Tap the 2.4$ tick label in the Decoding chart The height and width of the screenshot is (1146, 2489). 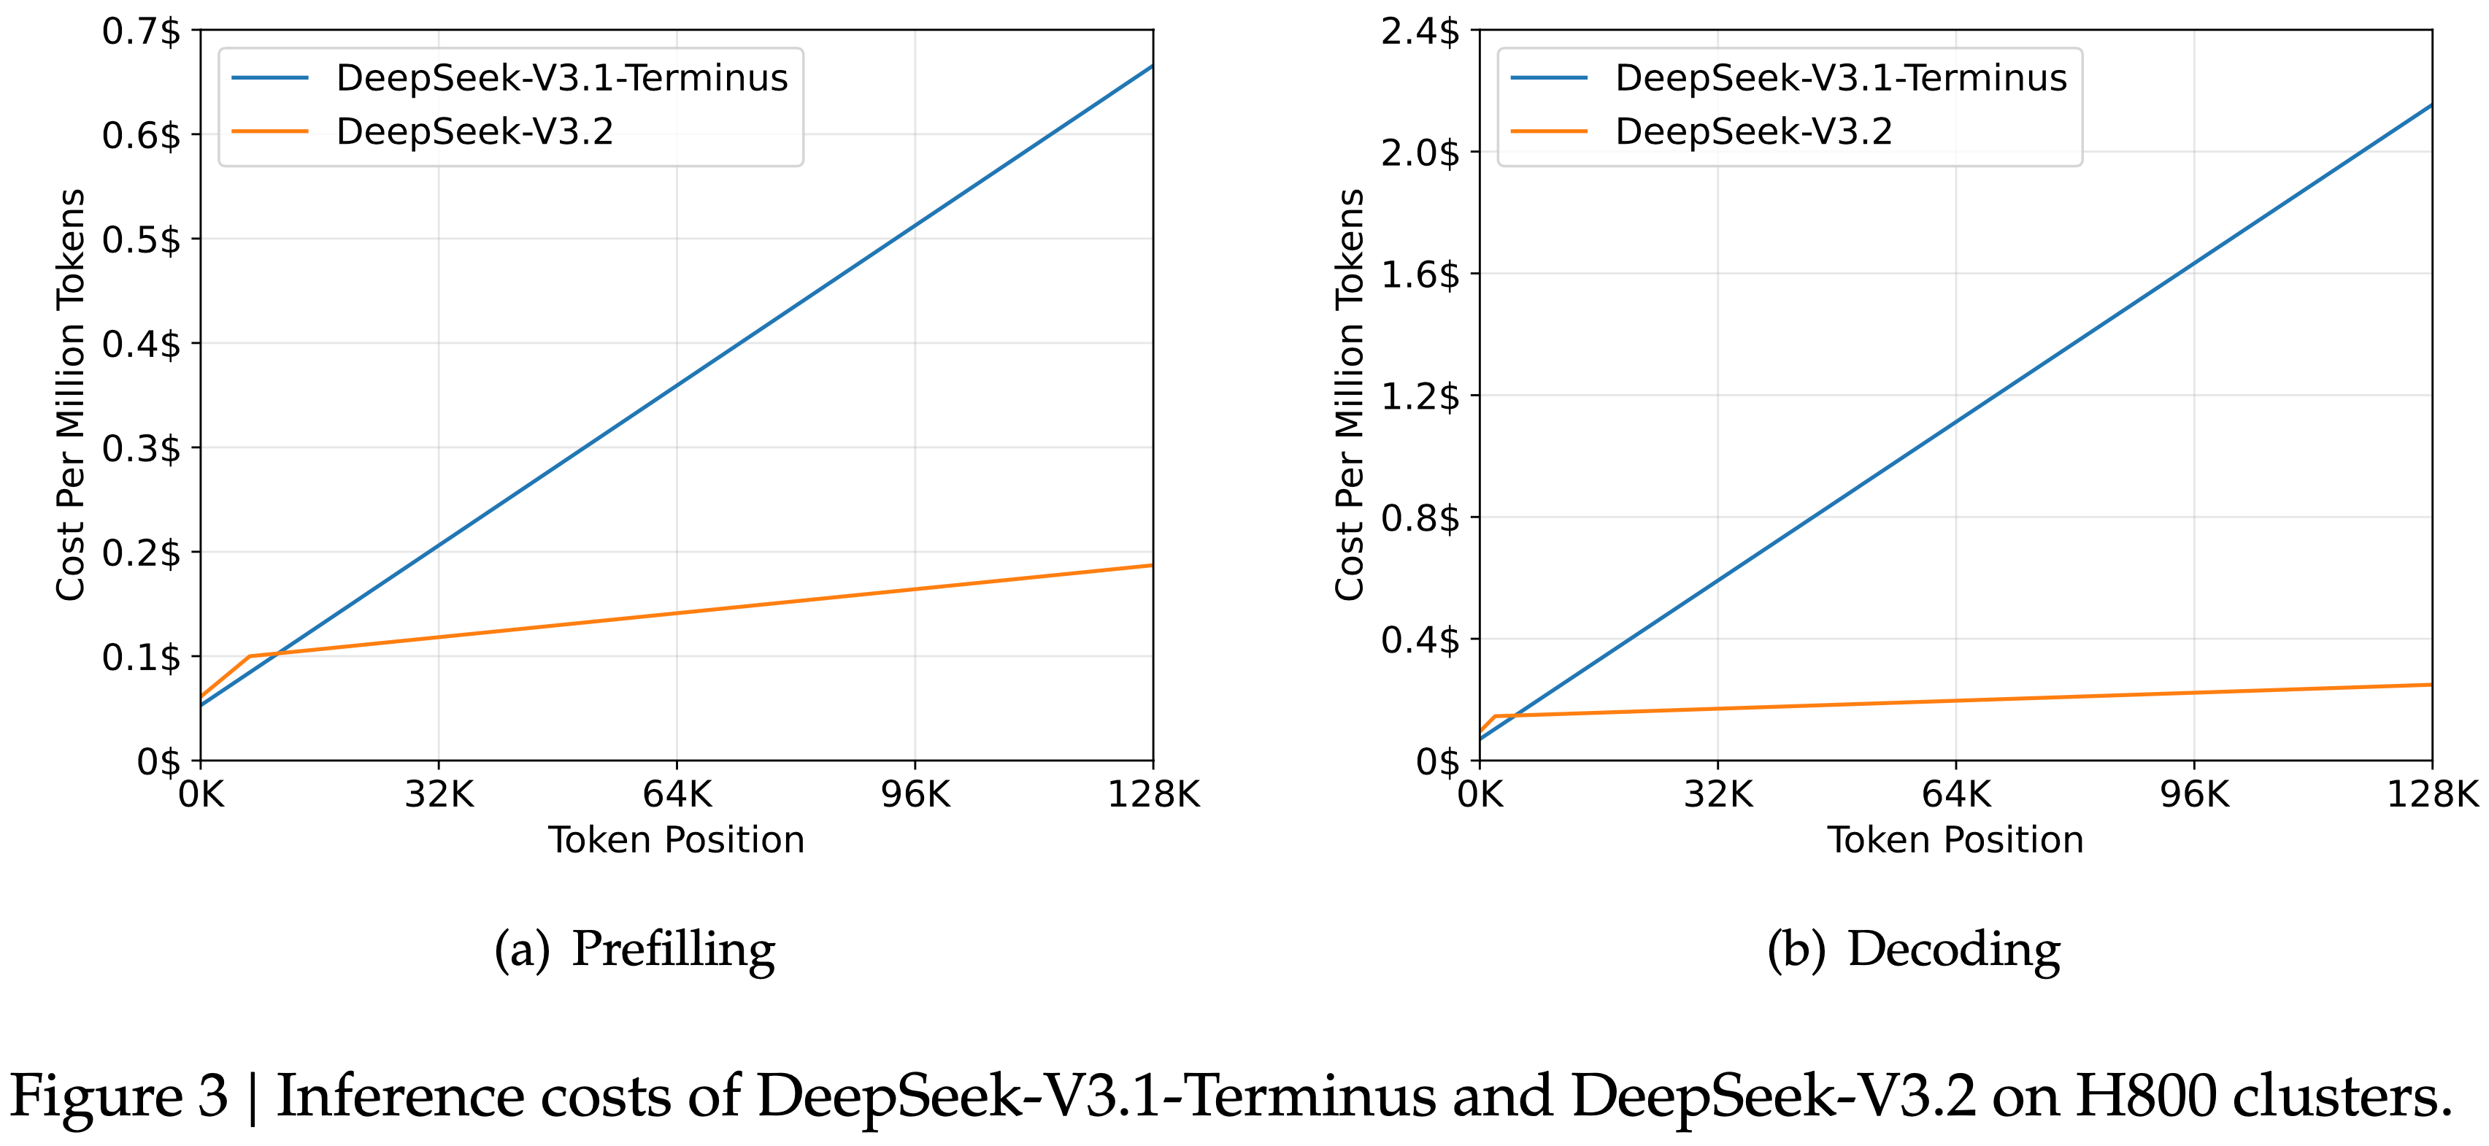[1420, 32]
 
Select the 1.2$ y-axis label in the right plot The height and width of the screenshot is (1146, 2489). [1420, 396]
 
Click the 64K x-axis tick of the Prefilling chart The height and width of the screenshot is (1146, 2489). [677, 795]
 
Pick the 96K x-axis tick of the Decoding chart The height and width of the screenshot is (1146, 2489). [2194, 795]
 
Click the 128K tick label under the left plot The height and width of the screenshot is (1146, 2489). [1153, 795]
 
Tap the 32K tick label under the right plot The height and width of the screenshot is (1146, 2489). [1718, 795]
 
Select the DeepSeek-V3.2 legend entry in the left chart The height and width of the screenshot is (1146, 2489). [474, 131]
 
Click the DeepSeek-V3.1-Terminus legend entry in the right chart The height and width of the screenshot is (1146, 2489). [1841, 78]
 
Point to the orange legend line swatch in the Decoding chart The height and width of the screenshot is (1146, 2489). [1549, 131]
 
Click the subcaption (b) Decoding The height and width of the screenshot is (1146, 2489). [1913, 949]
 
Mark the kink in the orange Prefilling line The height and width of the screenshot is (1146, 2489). [250, 656]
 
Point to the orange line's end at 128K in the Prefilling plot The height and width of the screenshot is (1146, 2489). [1152, 565]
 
